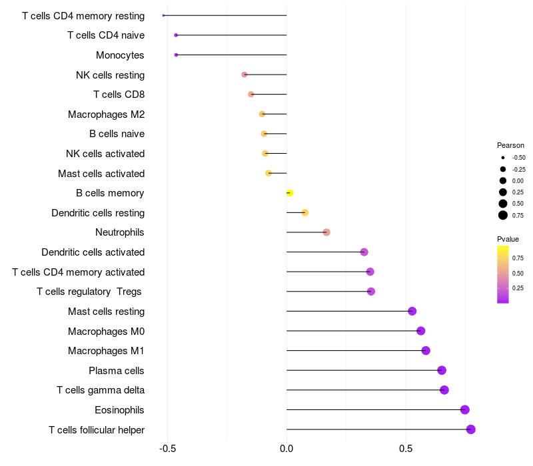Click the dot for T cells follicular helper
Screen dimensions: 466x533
pyautogui.click(x=471, y=429)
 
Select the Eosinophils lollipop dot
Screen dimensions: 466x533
pyautogui.click(x=465, y=409)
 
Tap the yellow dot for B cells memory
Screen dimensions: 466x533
pyautogui.click(x=290, y=193)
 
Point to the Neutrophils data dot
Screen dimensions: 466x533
pyautogui.click(x=326, y=232)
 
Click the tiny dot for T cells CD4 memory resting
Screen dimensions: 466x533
pyautogui.click(x=163, y=15)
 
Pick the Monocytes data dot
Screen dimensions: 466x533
pyautogui.click(x=176, y=55)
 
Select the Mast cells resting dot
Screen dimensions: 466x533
pyautogui.click(x=412, y=311)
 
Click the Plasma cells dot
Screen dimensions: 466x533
pyautogui.click(x=442, y=370)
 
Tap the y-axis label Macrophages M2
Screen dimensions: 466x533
pyautogui.click(x=106, y=115)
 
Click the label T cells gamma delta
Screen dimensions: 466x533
pyautogui.click(x=101, y=390)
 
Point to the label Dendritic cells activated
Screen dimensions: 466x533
pyautogui.click(x=93, y=252)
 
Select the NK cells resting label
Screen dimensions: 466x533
pyautogui.click(x=110, y=75)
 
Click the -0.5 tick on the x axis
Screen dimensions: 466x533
pyautogui.click(x=167, y=449)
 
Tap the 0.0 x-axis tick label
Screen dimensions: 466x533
pyautogui.click(x=286, y=449)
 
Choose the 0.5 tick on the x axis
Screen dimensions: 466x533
pyautogui.click(x=406, y=449)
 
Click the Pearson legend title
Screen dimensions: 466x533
pyautogui.click(x=510, y=145)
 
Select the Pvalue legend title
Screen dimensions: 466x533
pyautogui.click(x=508, y=239)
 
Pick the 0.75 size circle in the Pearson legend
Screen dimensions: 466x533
pyautogui.click(x=503, y=215)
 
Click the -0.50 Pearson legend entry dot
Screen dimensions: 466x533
pyautogui.click(x=503, y=158)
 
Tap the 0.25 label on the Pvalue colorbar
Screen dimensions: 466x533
pyautogui.click(x=518, y=288)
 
